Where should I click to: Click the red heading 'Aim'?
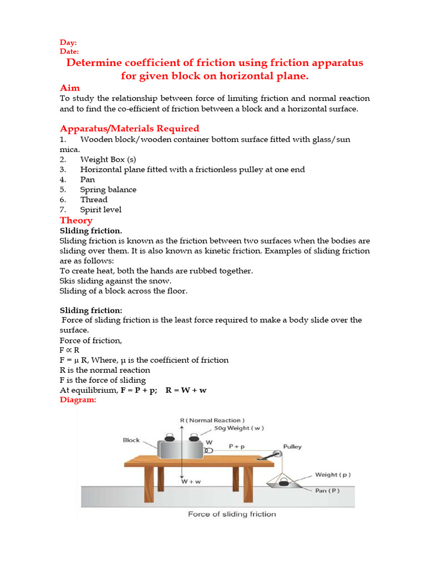pyautogui.click(x=69, y=88)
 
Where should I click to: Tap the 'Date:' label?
pyautogui.click(x=69, y=52)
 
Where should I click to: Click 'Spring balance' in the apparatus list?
pyautogui.click(x=108, y=190)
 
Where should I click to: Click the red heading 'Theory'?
pyautogui.click(x=76, y=220)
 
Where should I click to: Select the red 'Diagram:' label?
pyautogui.click(x=78, y=399)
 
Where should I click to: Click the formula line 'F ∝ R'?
pyautogui.click(x=69, y=350)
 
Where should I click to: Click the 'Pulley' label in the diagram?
pyautogui.click(x=292, y=447)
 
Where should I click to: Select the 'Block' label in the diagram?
pyautogui.click(x=131, y=440)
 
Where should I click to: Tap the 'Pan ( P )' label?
pyautogui.click(x=329, y=490)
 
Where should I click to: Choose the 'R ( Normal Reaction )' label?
pyautogui.click(x=212, y=420)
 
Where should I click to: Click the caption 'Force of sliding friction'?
pyautogui.click(x=232, y=514)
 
